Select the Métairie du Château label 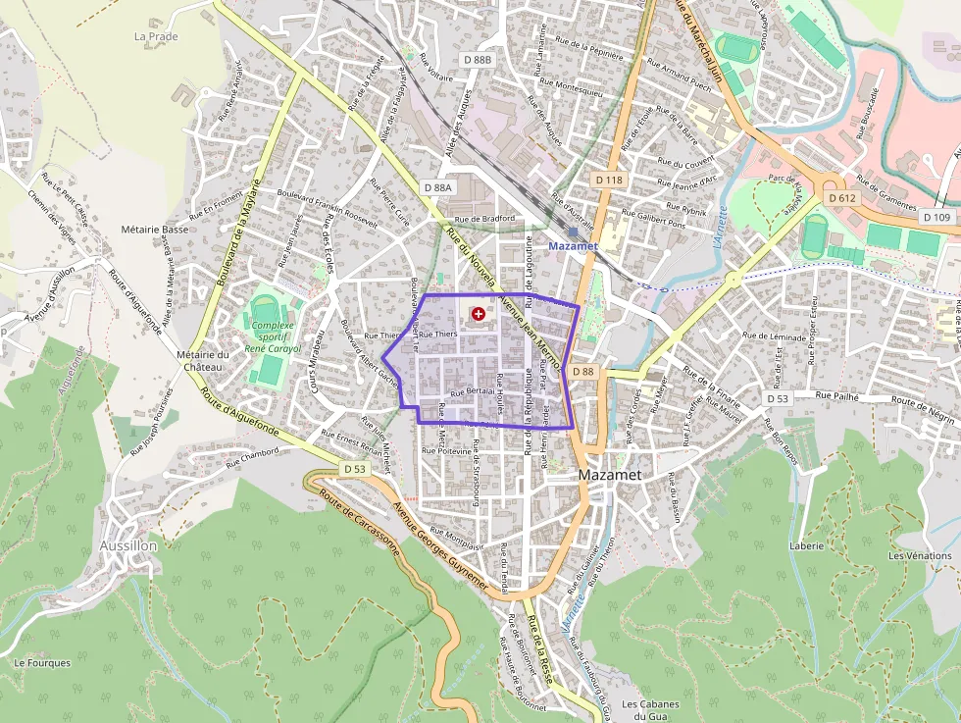tap(202, 360)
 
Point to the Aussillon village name tap(128, 544)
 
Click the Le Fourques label tap(42, 663)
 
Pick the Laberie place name tap(806, 546)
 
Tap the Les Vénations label tap(920, 556)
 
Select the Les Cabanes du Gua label tap(650, 710)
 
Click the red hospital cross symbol tap(478, 314)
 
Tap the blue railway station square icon tap(573, 232)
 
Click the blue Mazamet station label tap(573, 246)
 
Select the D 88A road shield tap(437, 187)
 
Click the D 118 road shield tap(608, 181)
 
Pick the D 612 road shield tap(841, 198)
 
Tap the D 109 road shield tap(936, 217)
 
